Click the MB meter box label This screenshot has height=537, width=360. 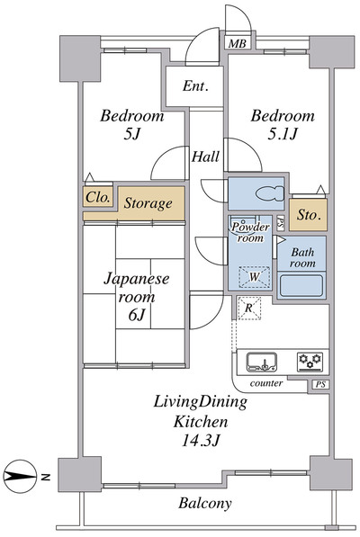[x=238, y=43]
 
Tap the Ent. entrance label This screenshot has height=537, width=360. [x=195, y=85]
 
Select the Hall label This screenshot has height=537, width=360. [x=205, y=157]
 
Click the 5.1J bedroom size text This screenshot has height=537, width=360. [x=282, y=134]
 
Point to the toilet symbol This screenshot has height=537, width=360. [x=270, y=193]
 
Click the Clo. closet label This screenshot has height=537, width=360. [x=98, y=197]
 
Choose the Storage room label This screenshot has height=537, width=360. [x=148, y=203]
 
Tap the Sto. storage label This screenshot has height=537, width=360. [x=309, y=215]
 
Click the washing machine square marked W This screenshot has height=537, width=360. [x=254, y=276]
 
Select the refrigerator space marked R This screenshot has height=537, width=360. [x=249, y=308]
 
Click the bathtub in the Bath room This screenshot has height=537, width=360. [x=301, y=285]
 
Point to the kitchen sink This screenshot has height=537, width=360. [x=263, y=362]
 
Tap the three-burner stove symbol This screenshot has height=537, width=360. [x=310, y=362]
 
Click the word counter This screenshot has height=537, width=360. [x=266, y=383]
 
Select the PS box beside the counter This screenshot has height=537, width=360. [x=320, y=384]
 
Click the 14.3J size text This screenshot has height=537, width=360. [x=200, y=441]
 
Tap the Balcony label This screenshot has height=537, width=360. [x=205, y=503]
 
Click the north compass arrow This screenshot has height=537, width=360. [x=20, y=477]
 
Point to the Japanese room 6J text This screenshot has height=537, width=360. [x=136, y=296]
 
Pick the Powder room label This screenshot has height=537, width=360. [x=250, y=232]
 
